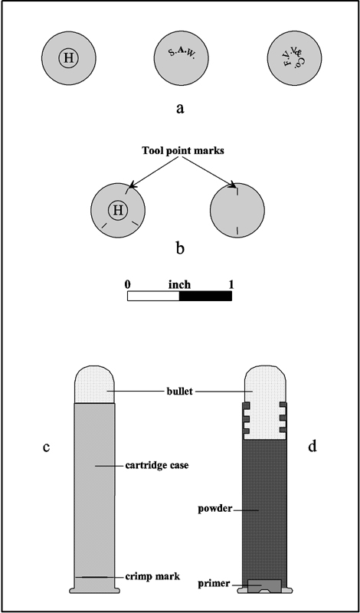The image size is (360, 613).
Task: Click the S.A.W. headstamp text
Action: (182, 53)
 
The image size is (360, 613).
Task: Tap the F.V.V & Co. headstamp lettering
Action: (295, 57)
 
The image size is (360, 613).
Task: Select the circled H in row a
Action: (68, 58)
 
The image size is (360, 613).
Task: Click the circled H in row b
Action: (118, 210)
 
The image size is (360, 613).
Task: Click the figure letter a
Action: (180, 108)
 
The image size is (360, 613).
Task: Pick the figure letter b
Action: (180, 247)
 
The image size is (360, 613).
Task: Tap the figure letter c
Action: (46, 447)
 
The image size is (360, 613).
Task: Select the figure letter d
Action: (312, 446)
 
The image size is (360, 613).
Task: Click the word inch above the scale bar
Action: (179, 284)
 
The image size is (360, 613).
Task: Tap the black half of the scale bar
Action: (205, 296)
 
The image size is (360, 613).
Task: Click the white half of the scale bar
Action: (153, 296)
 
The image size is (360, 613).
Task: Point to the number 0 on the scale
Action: (127, 284)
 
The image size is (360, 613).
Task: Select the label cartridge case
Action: (157, 466)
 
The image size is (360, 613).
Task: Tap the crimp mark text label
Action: (153, 576)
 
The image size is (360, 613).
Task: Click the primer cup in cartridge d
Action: (264, 585)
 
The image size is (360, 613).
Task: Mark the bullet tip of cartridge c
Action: (94, 366)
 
